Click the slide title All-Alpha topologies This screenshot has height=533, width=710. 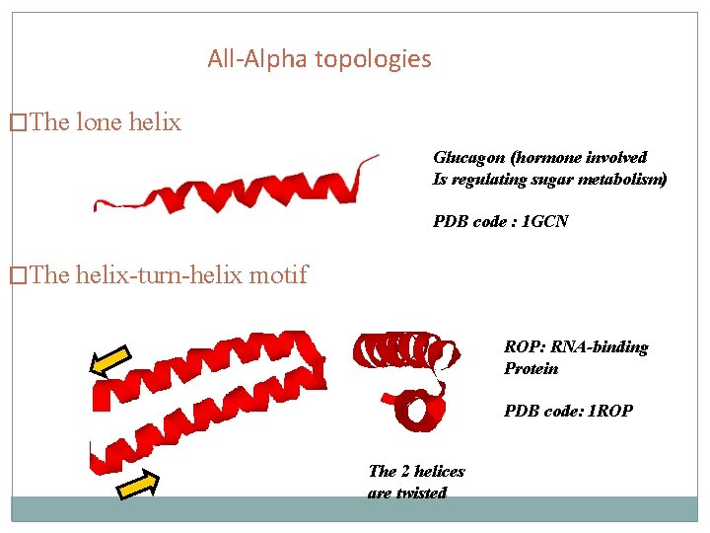click(319, 59)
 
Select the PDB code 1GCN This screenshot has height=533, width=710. click(544, 222)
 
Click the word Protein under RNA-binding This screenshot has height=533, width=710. click(531, 369)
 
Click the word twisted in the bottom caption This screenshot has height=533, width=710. click(422, 493)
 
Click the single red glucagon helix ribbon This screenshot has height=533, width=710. click(237, 186)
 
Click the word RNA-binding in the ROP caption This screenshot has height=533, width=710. click(601, 347)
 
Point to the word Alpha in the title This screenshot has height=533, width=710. click(278, 59)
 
